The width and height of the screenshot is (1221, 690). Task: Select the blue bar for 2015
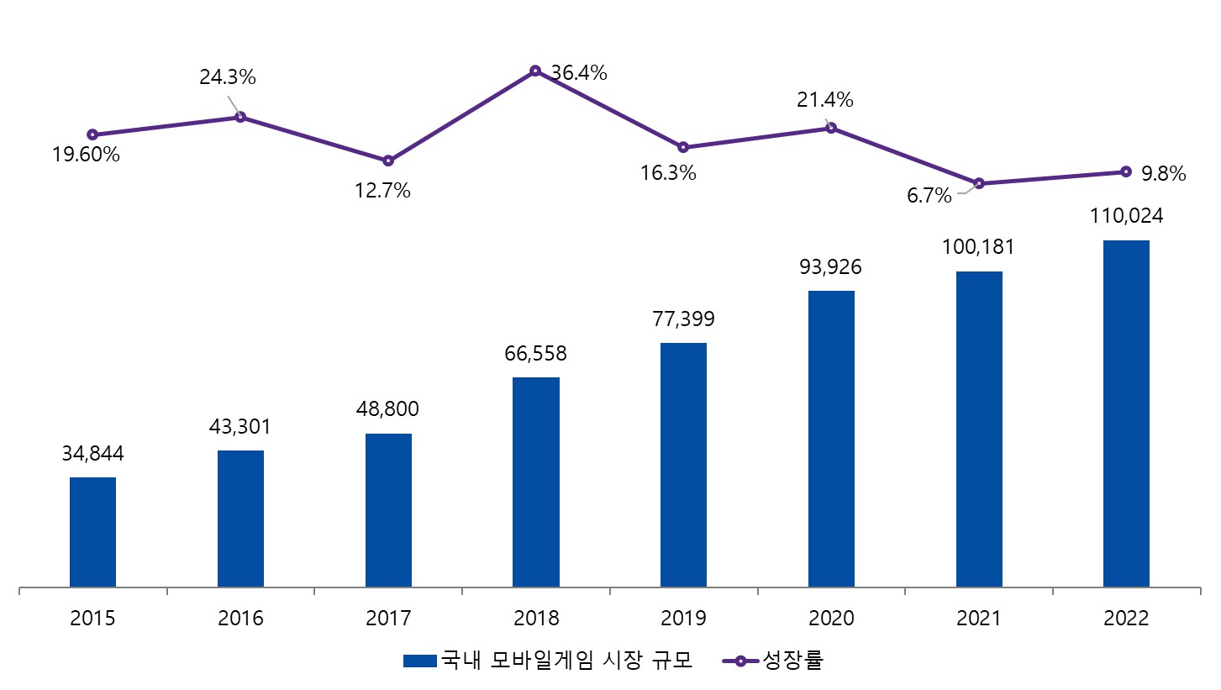92,532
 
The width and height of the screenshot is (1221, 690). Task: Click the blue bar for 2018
535,482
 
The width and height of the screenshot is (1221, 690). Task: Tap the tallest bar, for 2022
1126,413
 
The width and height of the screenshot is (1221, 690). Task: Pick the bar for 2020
831,439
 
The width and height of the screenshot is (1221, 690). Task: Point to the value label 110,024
1126,216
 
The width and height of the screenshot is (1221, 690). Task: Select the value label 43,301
240,426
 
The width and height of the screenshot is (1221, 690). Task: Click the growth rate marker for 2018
535,71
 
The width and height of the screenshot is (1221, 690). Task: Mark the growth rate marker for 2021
978,183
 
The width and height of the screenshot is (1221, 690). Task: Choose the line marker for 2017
388,161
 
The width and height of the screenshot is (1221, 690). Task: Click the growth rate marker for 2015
92,134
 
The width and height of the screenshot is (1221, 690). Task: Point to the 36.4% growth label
579,73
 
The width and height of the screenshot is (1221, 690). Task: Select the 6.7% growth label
929,197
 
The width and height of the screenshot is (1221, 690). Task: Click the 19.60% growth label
86,155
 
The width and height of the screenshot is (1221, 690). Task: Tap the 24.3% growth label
228,77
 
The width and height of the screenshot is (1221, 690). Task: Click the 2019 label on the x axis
683,619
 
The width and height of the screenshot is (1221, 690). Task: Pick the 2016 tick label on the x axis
240,619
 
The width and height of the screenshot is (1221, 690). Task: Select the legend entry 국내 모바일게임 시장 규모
548,661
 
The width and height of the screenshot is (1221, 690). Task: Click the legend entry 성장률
773,661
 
